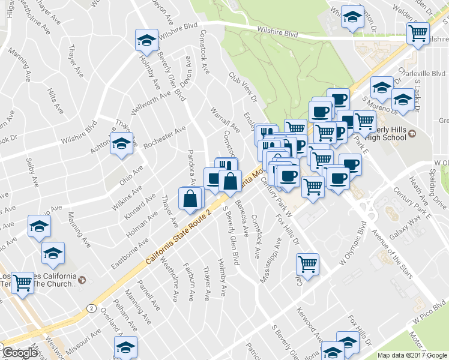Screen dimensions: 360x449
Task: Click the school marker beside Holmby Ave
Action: click(145, 41)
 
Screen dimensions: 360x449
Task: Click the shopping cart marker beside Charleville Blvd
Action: click(418, 34)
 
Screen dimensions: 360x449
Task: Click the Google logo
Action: click(20, 353)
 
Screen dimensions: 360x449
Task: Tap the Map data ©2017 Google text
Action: click(412, 355)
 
